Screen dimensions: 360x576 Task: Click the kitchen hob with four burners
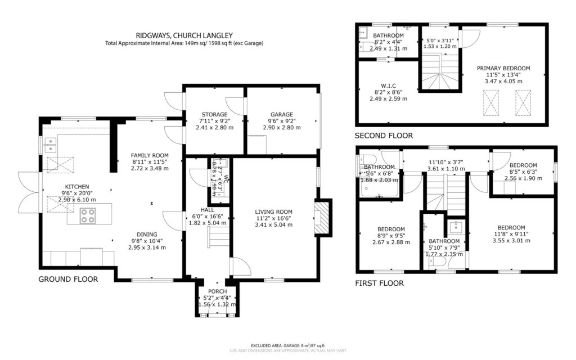[88, 215]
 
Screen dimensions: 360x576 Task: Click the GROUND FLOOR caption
[68, 279]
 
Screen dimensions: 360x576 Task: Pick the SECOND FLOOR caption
[384, 136]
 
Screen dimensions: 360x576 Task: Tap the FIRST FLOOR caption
[379, 283]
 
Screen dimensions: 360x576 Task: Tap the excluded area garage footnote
[288, 345]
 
